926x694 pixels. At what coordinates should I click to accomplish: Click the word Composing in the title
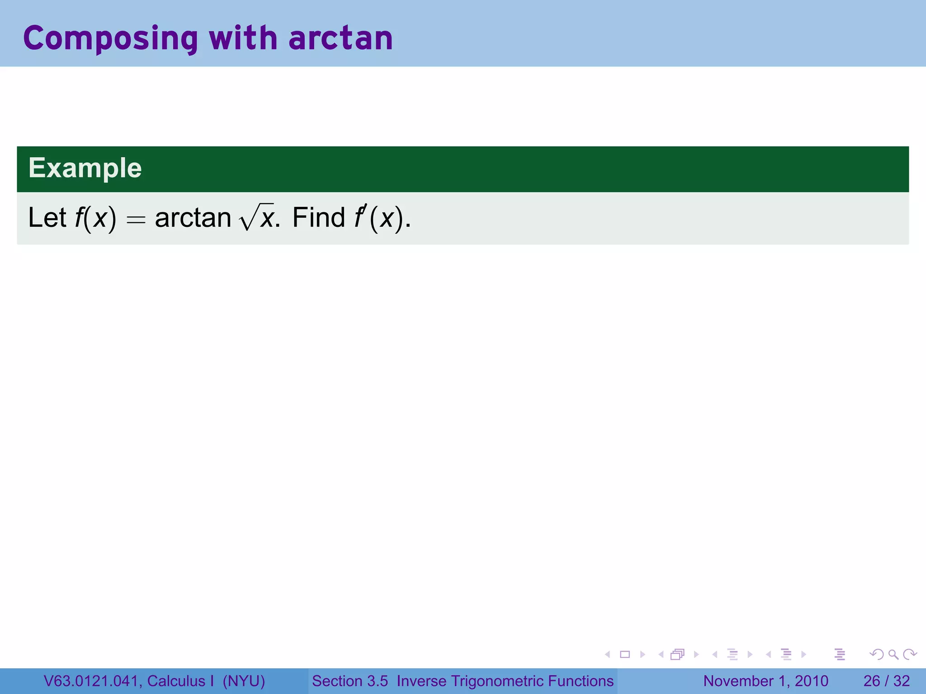click(110, 39)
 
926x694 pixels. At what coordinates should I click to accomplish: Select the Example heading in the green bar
click(85, 168)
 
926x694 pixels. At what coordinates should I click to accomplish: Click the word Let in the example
click(47, 218)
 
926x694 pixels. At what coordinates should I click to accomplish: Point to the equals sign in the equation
click(136, 220)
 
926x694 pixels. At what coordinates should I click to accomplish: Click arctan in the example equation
click(193, 218)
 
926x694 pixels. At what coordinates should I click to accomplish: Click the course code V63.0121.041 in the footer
click(90, 681)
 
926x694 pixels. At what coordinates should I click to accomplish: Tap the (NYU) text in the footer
click(244, 681)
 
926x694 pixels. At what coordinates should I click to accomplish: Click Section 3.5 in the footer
click(350, 681)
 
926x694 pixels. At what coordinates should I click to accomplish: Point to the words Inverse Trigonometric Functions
click(505, 681)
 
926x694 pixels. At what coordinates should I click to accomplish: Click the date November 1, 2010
click(765, 681)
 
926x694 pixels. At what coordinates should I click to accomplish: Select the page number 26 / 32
click(886, 681)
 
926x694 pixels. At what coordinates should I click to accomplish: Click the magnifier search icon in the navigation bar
click(893, 654)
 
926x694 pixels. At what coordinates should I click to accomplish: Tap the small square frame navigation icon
click(625, 654)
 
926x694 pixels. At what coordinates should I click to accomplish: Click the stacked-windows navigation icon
click(677, 654)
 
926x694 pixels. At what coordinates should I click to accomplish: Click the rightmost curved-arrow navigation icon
click(910, 654)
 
